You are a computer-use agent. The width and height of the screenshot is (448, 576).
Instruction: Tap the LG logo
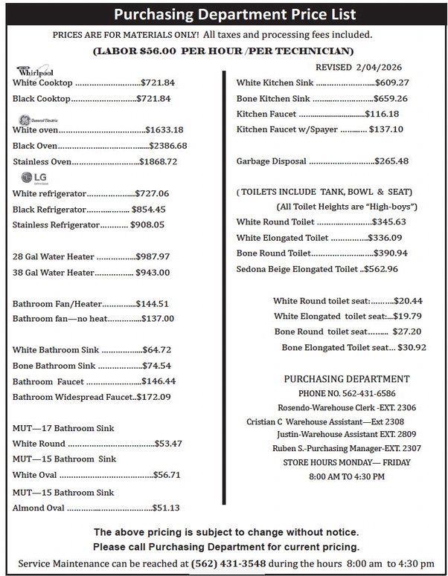(x=35, y=177)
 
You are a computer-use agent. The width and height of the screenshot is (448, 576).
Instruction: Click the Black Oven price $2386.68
(x=168, y=146)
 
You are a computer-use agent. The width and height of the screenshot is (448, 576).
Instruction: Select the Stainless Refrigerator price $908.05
(x=147, y=224)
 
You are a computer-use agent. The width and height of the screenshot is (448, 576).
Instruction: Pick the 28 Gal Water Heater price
(x=153, y=256)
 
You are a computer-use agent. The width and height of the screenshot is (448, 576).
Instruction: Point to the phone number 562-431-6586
(x=367, y=393)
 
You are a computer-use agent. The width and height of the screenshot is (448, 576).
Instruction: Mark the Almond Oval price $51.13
(x=166, y=508)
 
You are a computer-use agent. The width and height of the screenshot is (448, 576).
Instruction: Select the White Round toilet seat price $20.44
(x=408, y=301)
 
